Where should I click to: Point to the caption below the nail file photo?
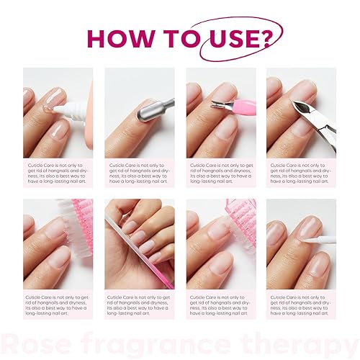139,305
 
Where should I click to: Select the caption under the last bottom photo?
301,305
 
